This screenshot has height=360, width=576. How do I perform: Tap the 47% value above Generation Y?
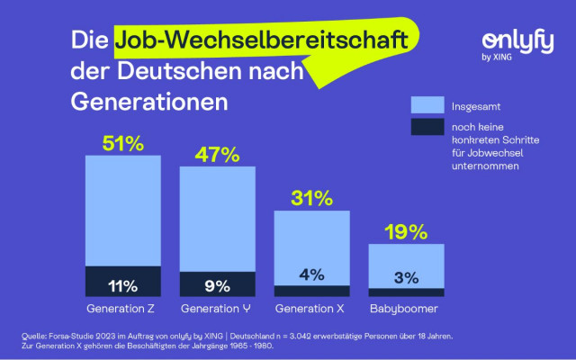(217, 154)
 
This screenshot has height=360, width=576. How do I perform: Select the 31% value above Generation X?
(311, 198)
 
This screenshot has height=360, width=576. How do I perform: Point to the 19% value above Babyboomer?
(406, 232)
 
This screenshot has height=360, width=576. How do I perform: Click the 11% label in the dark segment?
(123, 287)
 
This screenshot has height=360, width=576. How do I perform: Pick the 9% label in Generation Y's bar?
(217, 287)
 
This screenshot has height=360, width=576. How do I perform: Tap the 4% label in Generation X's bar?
(311, 275)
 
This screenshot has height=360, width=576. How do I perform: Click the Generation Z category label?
(123, 309)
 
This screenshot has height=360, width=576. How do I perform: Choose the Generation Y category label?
(217, 309)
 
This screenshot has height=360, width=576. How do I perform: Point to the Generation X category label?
(311, 309)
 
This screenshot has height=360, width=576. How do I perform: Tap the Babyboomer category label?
(406, 309)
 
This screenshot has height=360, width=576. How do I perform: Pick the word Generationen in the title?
(148, 101)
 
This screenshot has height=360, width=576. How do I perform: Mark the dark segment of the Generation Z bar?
(123, 282)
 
